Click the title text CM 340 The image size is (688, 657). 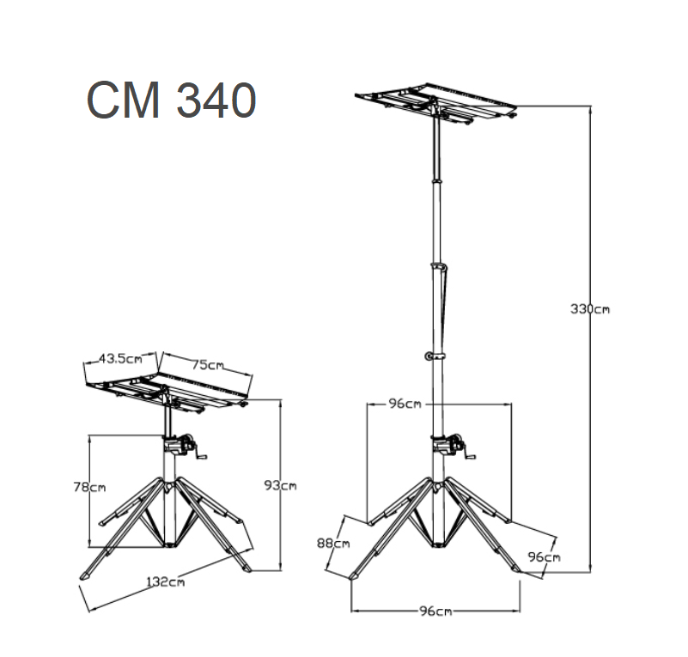(x=171, y=100)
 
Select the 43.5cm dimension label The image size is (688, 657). (x=120, y=358)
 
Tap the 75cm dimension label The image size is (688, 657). (x=208, y=364)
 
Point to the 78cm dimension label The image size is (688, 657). (x=89, y=487)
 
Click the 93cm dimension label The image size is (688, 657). (x=280, y=485)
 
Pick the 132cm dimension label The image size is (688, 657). (x=166, y=582)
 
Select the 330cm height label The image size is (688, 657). (x=590, y=309)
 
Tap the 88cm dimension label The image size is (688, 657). (x=333, y=544)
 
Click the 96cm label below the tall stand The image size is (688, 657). (x=435, y=611)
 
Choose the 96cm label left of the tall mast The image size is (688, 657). (x=405, y=404)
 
